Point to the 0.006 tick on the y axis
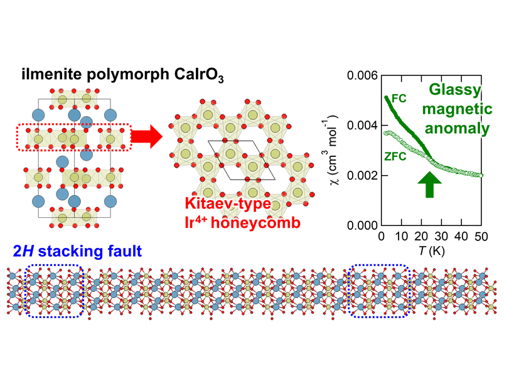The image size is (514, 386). (360, 76)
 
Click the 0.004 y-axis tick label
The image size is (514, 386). (360, 126)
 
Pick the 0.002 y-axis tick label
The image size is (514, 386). (360, 175)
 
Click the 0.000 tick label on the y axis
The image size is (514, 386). (360, 225)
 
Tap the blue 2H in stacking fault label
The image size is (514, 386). (22, 254)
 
